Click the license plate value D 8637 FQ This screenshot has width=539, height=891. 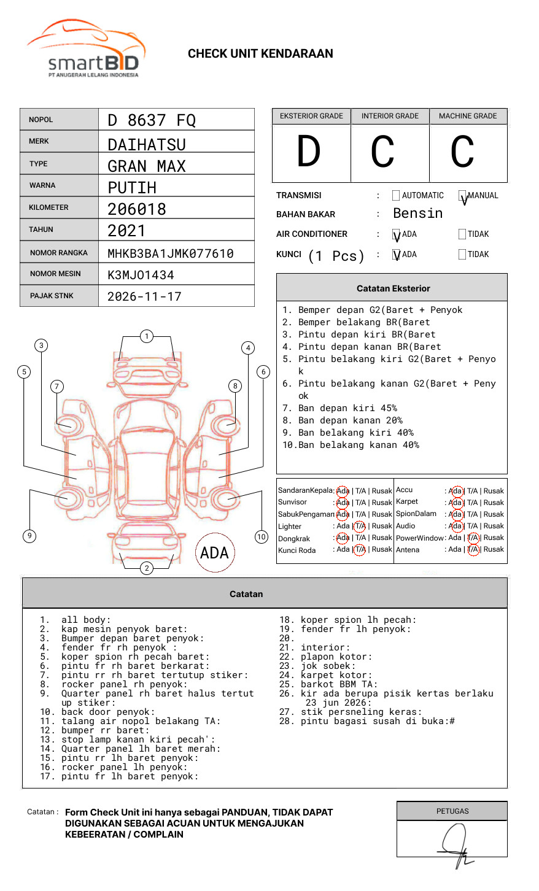(152, 120)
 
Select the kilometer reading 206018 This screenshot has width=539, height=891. (136, 209)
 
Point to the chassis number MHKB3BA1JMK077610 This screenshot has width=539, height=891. (171, 253)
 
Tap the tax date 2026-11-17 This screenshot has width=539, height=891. (144, 296)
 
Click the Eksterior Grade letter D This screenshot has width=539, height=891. (309, 151)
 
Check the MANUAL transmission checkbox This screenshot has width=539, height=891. (462, 196)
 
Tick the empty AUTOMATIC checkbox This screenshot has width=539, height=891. (396, 195)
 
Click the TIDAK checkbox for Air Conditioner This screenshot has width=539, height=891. (462, 234)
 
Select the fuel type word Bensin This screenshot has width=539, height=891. (417, 213)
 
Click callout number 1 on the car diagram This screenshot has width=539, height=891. (147, 336)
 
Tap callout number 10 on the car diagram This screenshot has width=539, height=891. (261, 537)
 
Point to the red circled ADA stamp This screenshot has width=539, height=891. (215, 552)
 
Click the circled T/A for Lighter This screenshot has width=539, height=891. (360, 526)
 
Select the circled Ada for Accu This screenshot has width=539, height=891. (457, 492)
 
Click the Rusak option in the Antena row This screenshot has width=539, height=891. (494, 549)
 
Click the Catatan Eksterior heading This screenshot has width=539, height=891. (394, 288)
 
